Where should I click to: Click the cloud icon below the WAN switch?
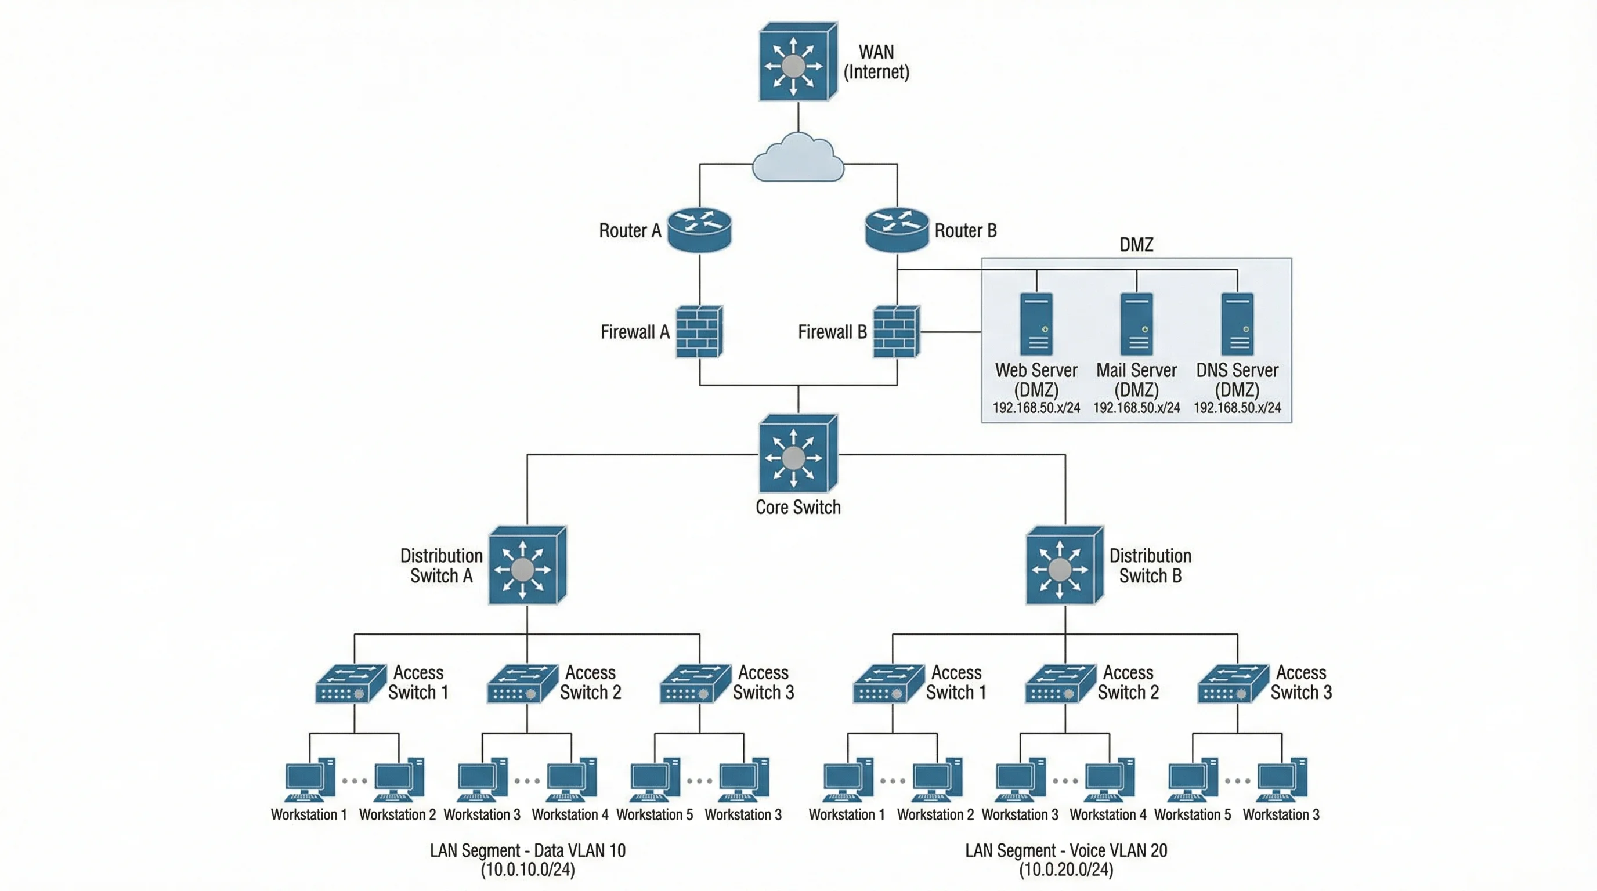(x=798, y=158)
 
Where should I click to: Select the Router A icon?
(x=699, y=229)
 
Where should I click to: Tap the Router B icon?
(x=897, y=229)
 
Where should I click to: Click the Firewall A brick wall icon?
(x=699, y=331)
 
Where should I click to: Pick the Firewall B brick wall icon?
(x=897, y=331)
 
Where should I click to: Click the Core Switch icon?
(x=798, y=454)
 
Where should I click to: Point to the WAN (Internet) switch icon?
(x=798, y=62)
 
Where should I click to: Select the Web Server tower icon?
(x=1036, y=324)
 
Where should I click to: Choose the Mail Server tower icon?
(x=1136, y=324)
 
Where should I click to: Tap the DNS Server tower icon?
(x=1237, y=324)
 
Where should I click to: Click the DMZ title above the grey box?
(x=1136, y=245)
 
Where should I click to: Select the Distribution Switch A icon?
(x=527, y=566)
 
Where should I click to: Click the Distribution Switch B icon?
(x=1064, y=566)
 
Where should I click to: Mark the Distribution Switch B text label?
(x=1150, y=566)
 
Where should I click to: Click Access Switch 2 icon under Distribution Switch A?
(x=522, y=683)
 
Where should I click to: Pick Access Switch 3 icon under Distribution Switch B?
(x=1233, y=683)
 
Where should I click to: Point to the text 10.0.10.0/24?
(x=527, y=870)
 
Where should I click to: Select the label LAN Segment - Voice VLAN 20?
(x=1065, y=851)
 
